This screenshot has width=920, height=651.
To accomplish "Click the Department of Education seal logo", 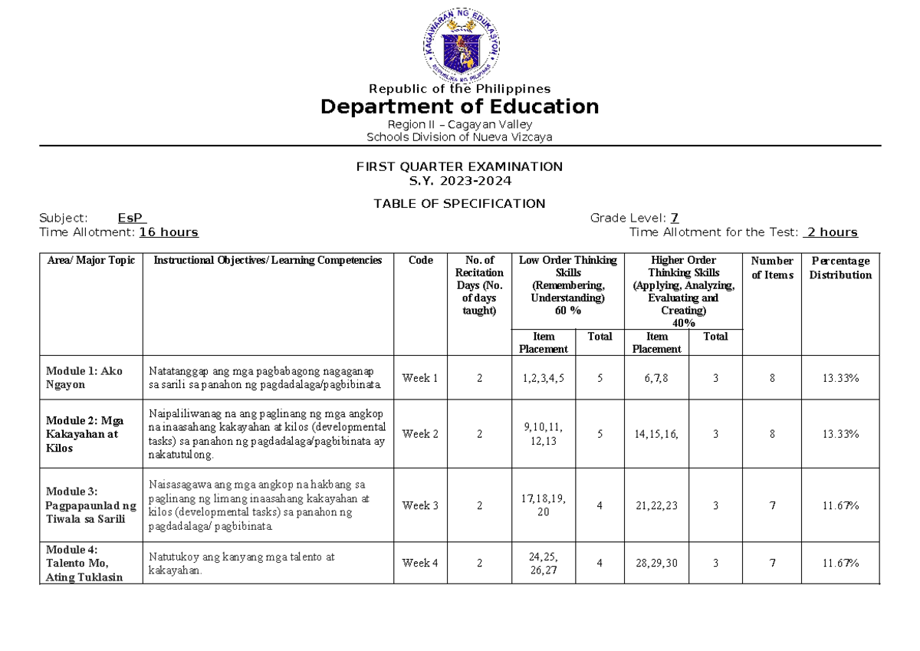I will pyautogui.click(x=460, y=44).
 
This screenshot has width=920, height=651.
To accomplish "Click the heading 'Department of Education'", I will pyautogui.click(x=459, y=107).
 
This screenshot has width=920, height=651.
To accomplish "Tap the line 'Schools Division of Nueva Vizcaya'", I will pyautogui.click(x=459, y=137).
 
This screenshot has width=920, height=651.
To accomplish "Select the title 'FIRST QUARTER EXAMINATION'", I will pyautogui.click(x=459, y=166).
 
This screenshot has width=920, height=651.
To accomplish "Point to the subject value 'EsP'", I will pyautogui.click(x=132, y=218).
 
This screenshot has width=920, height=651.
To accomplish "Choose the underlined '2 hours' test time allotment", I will pyautogui.click(x=830, y=232).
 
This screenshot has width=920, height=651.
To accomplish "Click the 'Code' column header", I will pyautogui.click(x=420, y=261).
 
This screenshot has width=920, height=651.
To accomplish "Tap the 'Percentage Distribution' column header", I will pyautogui.click(x=840, y=268).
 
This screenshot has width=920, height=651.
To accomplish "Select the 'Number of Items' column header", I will pyautogui.click(x=772, y=268).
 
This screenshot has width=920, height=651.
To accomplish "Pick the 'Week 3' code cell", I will pyautogui.click(x=420, y=505).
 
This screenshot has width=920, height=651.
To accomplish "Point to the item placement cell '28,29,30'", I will pyautogui.click(x=656, y=564).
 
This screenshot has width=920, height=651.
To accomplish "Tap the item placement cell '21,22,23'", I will pyautogui.click(x=656, y=505).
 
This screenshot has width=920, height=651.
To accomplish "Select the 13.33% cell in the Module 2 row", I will pyautogui.click(x=840, y=434).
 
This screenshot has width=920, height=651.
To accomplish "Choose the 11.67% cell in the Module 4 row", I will pyautogui.click(x=840, y=564).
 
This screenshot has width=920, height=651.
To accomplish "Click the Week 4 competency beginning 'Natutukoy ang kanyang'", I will pyautogui.click(x=242, y=564).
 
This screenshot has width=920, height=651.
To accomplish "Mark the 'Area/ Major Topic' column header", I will pyautogui.click(x=90, y=261).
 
